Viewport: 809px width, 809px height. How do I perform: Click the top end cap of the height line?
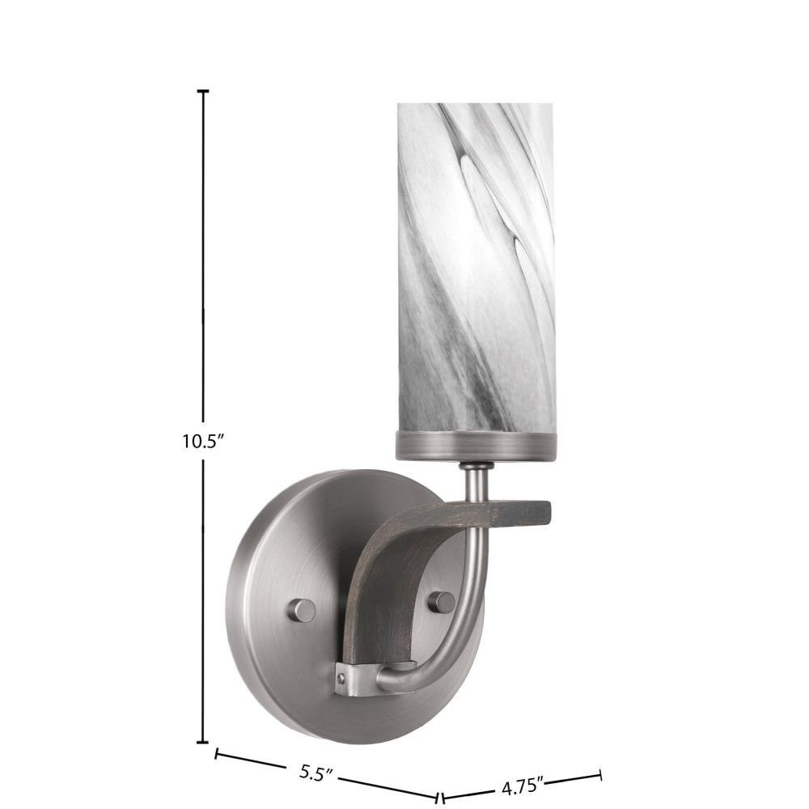click(203, 91)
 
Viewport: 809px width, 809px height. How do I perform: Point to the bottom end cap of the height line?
click(203, 743)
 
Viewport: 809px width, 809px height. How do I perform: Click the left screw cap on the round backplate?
click(302, 610)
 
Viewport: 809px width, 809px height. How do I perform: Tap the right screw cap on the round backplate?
click(442, 603)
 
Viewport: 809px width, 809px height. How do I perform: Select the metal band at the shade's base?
click(475, 446)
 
